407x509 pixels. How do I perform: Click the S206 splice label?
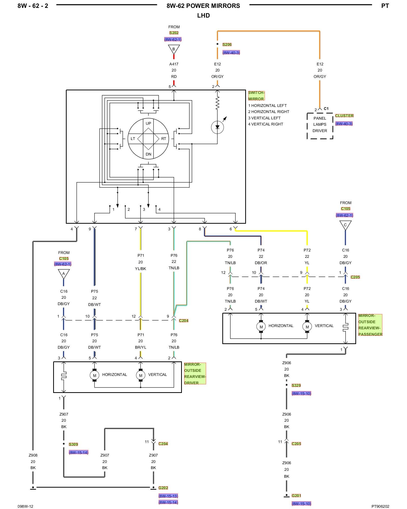227,45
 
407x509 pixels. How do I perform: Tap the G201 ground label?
296,496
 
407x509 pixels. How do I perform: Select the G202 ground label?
163,488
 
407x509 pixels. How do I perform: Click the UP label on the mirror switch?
148,123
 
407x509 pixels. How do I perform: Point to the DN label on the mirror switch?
148,154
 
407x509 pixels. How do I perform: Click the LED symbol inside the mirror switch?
217,127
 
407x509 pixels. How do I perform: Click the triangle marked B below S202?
174,49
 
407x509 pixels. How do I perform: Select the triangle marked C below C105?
345,225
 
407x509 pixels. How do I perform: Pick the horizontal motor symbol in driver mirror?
94,375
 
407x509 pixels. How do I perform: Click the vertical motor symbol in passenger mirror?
307,327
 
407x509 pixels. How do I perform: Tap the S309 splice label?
73,444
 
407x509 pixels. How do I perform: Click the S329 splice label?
296,385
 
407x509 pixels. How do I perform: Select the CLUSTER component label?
344,116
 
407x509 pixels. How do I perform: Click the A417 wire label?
174,64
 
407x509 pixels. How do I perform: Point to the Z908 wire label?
33,455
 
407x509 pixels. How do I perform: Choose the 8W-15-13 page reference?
168,496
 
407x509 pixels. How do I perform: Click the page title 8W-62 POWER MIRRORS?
203,6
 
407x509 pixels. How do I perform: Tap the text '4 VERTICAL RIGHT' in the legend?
266,124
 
